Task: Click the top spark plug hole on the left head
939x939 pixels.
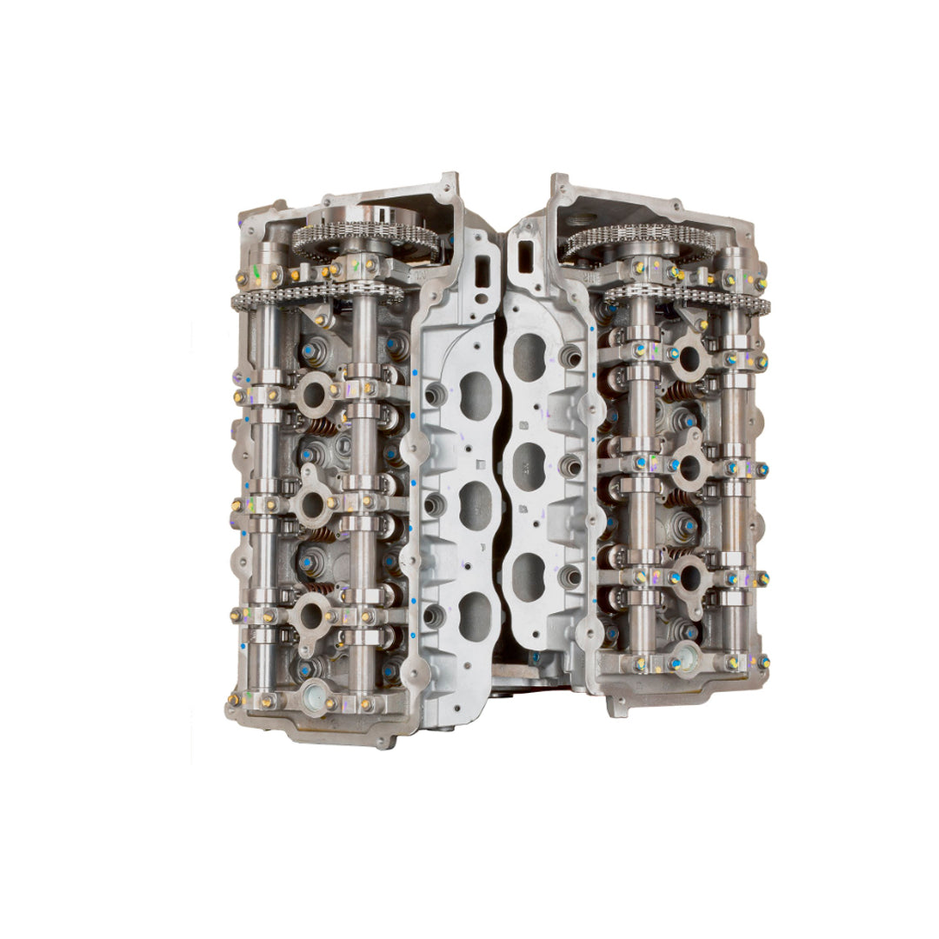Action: pyautogui.click(x=312, y=394)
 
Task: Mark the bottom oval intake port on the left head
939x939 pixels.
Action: pyautogui.click(x=474, y=616)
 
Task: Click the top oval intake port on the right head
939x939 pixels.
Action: pyautogui.click(x=530, y=356)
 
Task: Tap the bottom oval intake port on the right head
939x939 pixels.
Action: pyautogui.click(x=529, y=576)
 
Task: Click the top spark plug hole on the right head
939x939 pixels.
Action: pyautogui.click(x=690, y=356)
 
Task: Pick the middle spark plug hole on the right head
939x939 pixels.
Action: pyautogui.click(x=689, y=467)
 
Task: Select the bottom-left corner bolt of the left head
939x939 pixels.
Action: pyautogui.click(x=234, y=698)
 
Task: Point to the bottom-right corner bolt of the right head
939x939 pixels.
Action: pyautogui.click(x=763, y=662)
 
